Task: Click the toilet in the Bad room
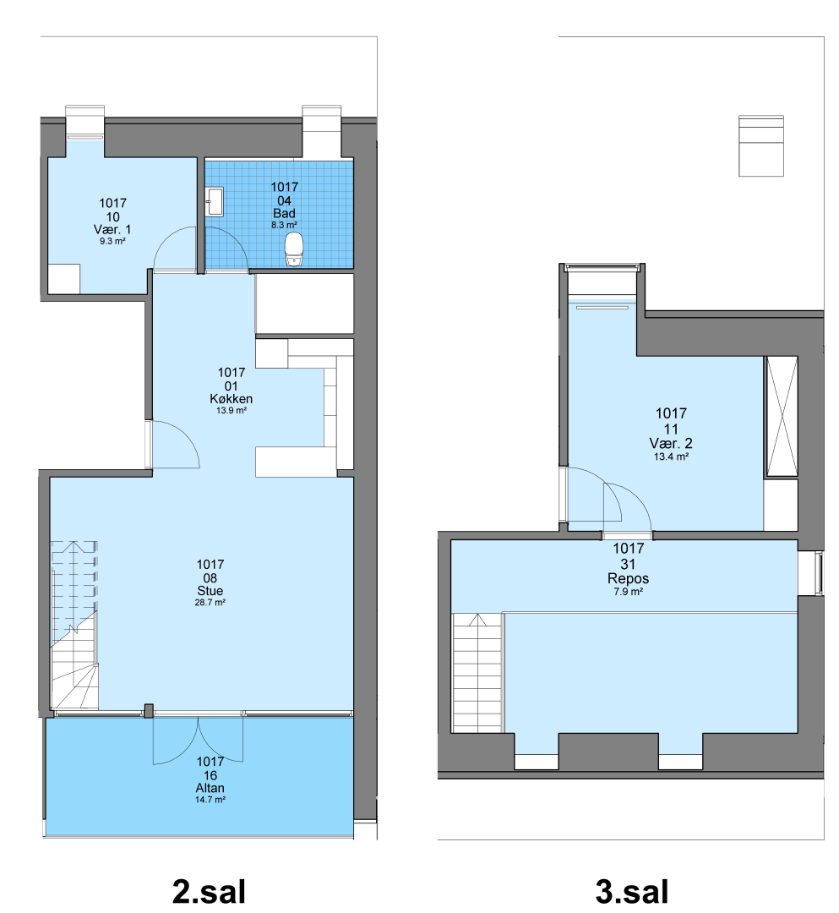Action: coord(294,249)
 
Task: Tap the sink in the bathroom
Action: coord(215,201)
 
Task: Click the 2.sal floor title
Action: coord(209,891)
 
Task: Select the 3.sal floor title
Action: coord(632,891)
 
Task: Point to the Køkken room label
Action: coord(231,399)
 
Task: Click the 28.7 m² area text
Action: coord(210,603)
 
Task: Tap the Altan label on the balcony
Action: coord(210,788)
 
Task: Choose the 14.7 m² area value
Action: coord(210,800)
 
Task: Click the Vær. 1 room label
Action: coord(112,229)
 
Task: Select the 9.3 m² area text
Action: coord(112,241)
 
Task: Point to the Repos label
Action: coord(628,579)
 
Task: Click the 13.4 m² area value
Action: coord(671,457)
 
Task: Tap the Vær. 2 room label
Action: coord(671,444)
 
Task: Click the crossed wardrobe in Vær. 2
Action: coord(781,416)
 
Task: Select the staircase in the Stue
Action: coord(74,625)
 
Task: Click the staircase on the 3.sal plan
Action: coord(477,673)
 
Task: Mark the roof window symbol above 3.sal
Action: coord(761,145)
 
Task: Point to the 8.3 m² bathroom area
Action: coord(284,225)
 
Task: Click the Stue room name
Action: coord(210,590)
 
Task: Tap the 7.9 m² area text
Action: coord(628,592)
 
